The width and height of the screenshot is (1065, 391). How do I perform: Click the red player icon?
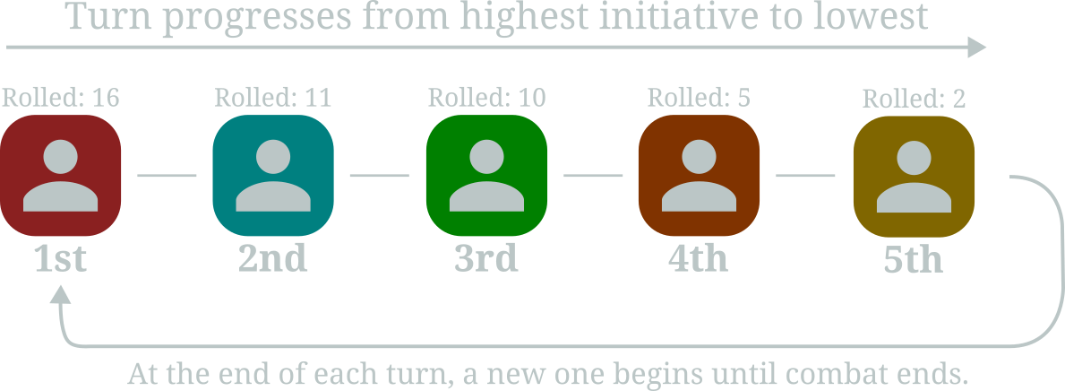pyautogui.click(x=60, y=176)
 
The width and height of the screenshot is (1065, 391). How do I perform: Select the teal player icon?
pyautogui.click(x=273, y=176)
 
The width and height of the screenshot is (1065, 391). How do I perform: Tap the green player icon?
pyautogui.click(x=486, y=176)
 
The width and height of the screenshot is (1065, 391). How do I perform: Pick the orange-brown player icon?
pyautogui.click(x=699, y=176)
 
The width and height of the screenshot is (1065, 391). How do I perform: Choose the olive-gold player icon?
pyautogui.click(x=914, y=177)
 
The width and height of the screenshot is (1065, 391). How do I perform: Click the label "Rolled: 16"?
pyautogui.click(x=60, y=98)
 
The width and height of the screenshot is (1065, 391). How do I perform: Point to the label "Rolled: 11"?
pyautogui.click(x=273, y=98)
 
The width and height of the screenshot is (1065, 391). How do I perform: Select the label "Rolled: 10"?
pyautogui.click(x=486, y=98)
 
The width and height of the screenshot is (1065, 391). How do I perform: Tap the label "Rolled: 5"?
pyautogui.click(x=699, y=98)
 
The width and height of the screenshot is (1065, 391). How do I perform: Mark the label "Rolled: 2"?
pyautogui.click(x=914, y=100)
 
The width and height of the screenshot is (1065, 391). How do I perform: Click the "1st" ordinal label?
pyautogui.click(x=60, y=257)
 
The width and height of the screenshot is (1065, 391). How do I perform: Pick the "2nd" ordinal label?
pyautogui.click(x=273, y=257)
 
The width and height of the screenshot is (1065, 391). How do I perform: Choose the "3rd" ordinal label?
pyautogui.click(x=486, y=257)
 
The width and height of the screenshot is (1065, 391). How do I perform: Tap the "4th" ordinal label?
pyautogui.click(x=699, y=257)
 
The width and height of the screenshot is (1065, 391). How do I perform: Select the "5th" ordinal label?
pyautogui.click(x=914, y=259)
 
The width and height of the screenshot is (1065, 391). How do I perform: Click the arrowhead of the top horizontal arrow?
pyautogui.click(x=976, y=48)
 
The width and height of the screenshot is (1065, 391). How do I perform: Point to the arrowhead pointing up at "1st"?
pyautogui.click(x=60, y=294)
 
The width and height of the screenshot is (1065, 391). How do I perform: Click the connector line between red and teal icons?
pyautogui.click(x=167, y=176)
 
